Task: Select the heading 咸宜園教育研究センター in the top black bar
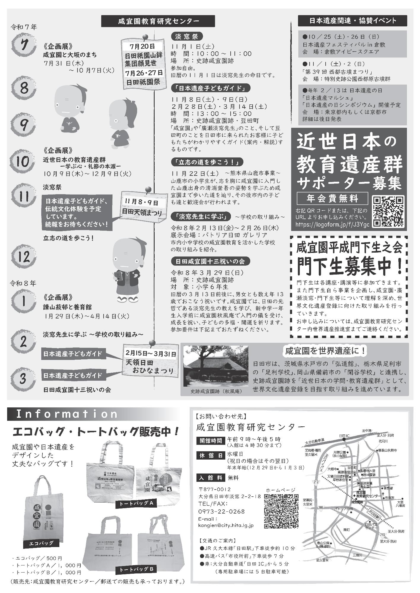[x=158, y=21]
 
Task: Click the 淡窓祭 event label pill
[x=186, y=36]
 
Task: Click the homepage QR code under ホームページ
[x=281, y=511]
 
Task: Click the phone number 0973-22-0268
[x=221, y=511]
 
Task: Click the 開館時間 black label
[x=210, y=441]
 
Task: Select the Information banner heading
[x=67, y=414]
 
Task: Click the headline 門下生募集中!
[x=349, y=266]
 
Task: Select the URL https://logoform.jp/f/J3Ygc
[x=332, y=224]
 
